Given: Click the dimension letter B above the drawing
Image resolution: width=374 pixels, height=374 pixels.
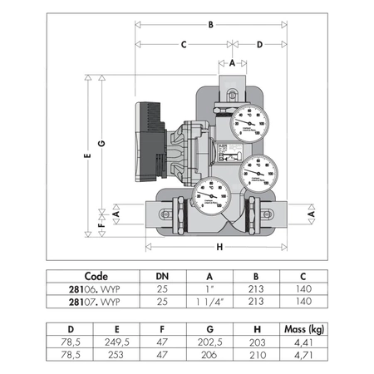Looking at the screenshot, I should point(211,26).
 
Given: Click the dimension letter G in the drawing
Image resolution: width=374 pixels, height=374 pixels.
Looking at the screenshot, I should point(101,144).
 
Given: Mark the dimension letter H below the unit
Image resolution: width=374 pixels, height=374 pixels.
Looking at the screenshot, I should point(219,247).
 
